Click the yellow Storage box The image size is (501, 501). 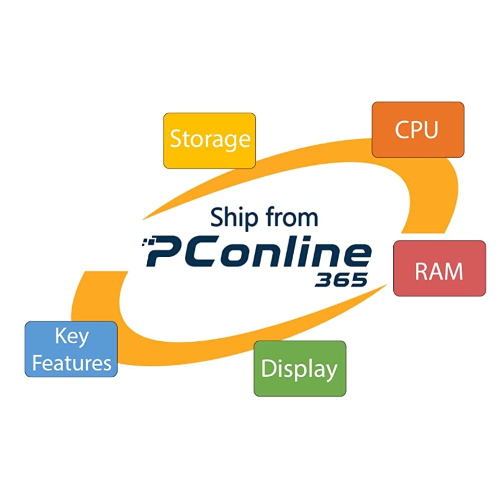(x=209, y=140)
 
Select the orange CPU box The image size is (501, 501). (x=417, y=129)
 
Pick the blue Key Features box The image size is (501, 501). (x=71, y=349)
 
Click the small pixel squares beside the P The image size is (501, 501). (x=146, y=243)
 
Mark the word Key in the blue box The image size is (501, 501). (x=71, y=336)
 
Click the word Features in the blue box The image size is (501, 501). (x=71, y=362)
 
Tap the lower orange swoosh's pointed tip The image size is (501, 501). (x=386, y=286)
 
